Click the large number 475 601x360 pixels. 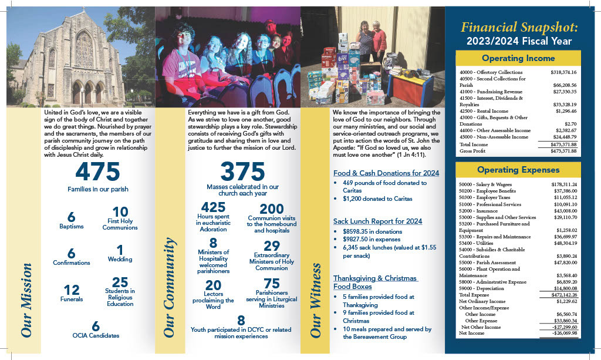(97, 172)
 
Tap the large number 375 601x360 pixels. (242, 171)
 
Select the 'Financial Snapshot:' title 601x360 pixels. (519, 28)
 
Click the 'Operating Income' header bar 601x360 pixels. (518, 58)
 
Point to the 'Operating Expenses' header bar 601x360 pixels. (518, 170)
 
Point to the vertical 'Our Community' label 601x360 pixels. (170, 287)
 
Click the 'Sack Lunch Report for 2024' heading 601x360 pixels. (377, 221)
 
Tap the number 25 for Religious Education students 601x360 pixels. (120, 282)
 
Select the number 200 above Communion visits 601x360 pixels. (271, 209)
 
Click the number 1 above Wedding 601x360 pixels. (120, 249)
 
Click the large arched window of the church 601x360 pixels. (84, 49)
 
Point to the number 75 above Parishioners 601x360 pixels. (271, 284)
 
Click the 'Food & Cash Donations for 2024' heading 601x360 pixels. (386, 173)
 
